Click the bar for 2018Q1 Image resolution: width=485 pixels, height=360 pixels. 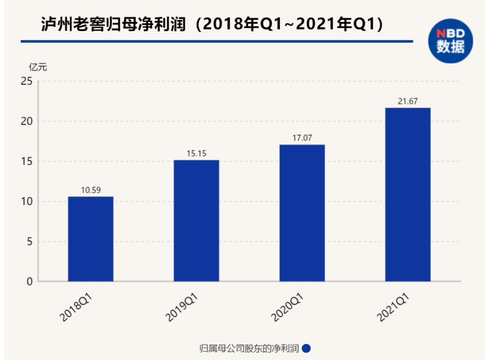tap(91, 239)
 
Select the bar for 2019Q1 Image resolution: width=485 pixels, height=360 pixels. tap(196, 221)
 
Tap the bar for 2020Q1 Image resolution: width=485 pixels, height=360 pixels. tap(302, 213)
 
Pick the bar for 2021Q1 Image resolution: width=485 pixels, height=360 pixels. tap(407, 195)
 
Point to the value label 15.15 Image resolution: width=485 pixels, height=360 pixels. tap(196, 154)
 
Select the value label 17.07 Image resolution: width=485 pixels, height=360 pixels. tap(302, 138)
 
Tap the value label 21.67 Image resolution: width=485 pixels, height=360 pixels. tap(407, 101)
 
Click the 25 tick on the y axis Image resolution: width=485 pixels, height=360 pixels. tap(27, 81)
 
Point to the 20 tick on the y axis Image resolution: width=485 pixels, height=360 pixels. tap(27, 121)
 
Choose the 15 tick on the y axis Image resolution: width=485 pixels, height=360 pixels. tap(27, 162)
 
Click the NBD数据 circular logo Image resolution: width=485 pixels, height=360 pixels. tap(451, 41)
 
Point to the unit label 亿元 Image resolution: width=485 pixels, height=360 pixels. tap(38, 67)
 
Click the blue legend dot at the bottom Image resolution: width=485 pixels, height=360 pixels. tap(306, 348)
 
